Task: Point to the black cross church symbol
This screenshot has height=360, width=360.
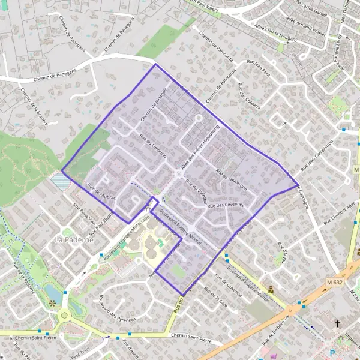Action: click(337, 323)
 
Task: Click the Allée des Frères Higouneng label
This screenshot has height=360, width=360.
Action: click(199, 150)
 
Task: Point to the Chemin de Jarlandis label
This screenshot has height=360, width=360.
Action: click(152, 110)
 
